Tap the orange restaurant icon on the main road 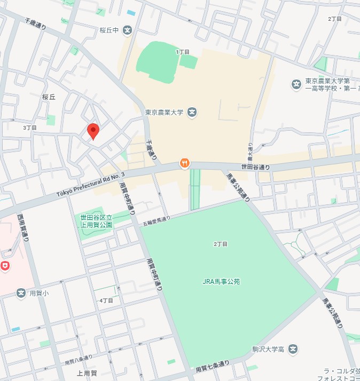[x=184, y=163]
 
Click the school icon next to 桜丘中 [x=127, y=30]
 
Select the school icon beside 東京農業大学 [x=192, y=113]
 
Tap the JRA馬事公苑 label [x=221, y=281]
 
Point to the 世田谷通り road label [x=255, y=167]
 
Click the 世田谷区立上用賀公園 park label [x=97, y=221]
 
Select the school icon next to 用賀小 [x=21, y=293]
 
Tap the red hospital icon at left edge [x=5, y=266]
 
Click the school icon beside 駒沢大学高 [x=293, y=350]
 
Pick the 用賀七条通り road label [x=212, y=366]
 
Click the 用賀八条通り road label [x=78, y=359]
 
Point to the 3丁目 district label [x=30, y=128]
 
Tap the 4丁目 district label [x=106, y=300]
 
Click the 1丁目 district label [x=183, y=52]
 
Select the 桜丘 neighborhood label [x=49, y=97]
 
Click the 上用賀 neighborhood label [x=87, y=373]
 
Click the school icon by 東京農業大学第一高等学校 [x=296, y=84]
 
